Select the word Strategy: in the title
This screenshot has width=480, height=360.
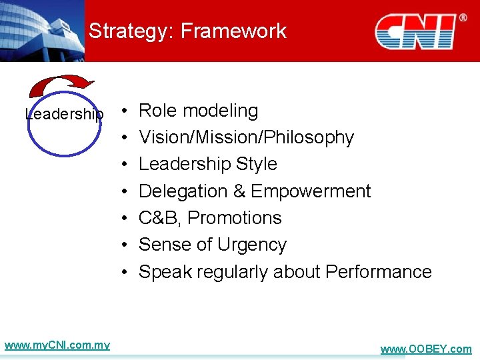131,31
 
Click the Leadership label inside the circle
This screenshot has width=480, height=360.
64,114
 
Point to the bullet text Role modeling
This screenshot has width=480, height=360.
198,111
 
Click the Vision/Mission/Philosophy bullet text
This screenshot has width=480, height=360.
246,137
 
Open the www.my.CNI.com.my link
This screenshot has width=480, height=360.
57,345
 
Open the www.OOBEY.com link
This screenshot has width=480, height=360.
425,349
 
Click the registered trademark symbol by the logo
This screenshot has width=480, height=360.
461,18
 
